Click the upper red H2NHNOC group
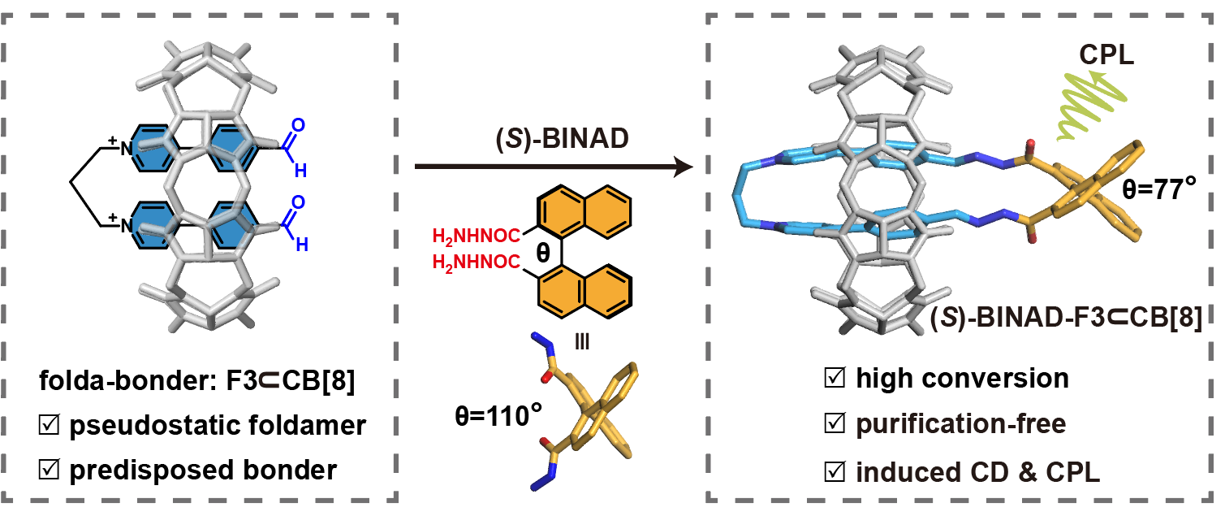pyautogui.click(x=481, y=237)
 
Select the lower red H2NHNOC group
pyautogui.click(x=481, y=262)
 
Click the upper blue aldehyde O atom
pyautogui.click(x=298, y=125)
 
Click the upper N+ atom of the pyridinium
pyautogui.click(x=126, y=148)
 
